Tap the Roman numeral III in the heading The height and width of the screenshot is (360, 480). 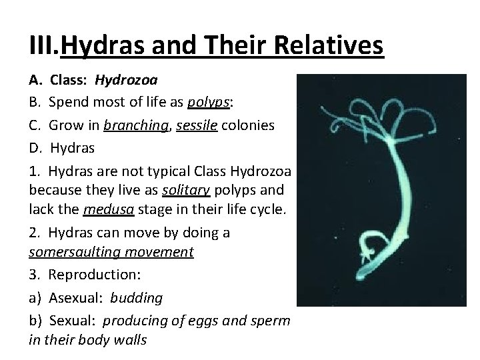(45, 46)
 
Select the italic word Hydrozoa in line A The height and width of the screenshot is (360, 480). (126, 82)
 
